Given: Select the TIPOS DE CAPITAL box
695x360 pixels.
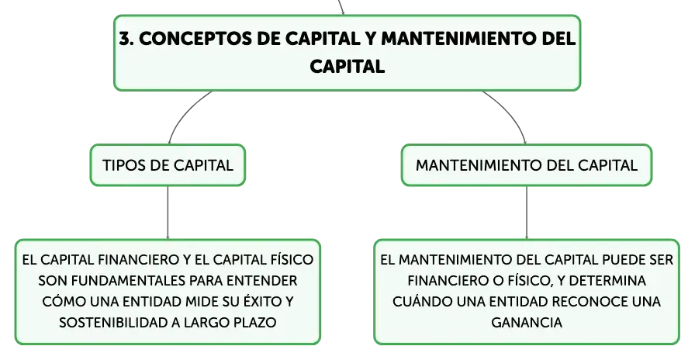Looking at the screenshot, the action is [168, 165].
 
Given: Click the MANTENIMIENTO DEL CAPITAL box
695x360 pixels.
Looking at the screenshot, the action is [527, 165].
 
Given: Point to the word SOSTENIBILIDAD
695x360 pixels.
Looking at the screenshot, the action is [113, 322].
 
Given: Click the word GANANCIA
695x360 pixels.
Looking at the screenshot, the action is [527, 322].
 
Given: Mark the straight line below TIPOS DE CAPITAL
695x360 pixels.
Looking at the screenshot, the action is [168, 213].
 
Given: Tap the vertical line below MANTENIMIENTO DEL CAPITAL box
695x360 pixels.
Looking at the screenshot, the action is [527, 213].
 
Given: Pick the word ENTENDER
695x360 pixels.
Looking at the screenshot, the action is [262, 281].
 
